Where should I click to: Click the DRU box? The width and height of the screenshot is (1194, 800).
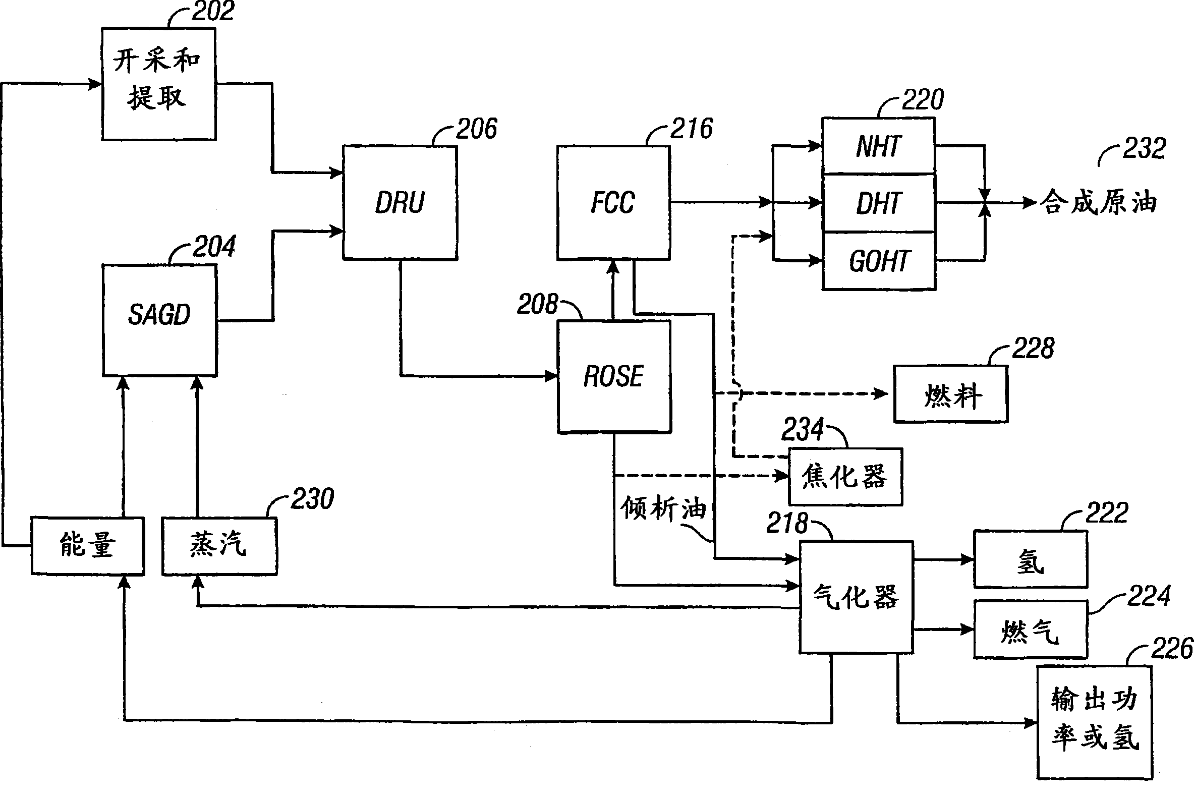coord(400,203)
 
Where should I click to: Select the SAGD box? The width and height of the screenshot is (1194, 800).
coord(159,320)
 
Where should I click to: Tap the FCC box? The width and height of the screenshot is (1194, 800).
coord(613,203)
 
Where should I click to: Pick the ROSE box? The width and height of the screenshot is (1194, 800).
coord(614,376)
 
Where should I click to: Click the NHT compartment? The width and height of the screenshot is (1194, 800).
coord(878,146)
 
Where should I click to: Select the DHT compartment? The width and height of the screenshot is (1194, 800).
coord(878,203)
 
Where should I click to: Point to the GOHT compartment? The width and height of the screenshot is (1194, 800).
coord(878,261)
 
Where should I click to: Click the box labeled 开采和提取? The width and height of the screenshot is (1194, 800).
coord(159,84)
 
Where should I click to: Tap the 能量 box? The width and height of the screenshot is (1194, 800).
coord(87,545)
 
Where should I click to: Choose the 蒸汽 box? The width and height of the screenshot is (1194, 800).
coord(219,546)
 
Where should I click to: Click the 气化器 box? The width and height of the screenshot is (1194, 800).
coord(856,597)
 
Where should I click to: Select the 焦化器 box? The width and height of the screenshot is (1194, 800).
coord(845,477)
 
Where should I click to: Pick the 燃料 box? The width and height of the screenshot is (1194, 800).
coord(950,394)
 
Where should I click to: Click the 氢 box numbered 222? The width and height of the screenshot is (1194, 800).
coord(1030,559)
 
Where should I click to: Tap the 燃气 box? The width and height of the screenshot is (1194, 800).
coord(1030,630)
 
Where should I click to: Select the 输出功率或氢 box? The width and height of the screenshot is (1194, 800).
coord(1095,722)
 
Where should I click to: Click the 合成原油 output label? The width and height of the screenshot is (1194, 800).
coord(1098,202)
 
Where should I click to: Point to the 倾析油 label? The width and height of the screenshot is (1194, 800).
coord(663,508)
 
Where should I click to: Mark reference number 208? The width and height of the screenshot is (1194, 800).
coord(537,305)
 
